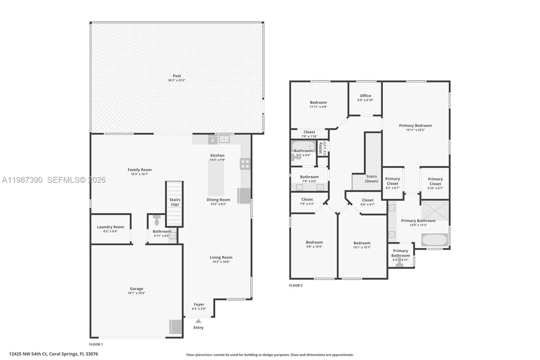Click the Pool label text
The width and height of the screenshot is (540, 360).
tap(177, 76)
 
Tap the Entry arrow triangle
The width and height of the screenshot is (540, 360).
tap(198, 321)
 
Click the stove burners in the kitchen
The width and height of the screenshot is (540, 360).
tap(245, 164)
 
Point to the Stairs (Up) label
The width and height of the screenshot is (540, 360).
tap(175, 202)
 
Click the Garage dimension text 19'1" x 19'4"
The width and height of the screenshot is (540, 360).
tap(136, 293)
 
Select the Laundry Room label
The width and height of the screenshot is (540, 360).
tap(110, 227)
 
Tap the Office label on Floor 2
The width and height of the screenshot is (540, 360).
tap(365, 96)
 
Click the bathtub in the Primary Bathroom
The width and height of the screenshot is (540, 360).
tap(434, 240)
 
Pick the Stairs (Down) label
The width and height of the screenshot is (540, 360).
tap(371, 179)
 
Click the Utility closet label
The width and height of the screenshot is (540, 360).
tap(320, 148)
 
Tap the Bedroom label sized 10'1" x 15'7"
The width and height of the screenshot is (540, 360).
tap(362, 243)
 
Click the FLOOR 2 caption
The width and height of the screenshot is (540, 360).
tap(296, 285)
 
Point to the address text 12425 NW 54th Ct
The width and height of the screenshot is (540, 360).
tap(28, 354)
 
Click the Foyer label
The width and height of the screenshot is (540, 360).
tap(199, 304)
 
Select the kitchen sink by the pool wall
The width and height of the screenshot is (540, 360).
tap(224, 138)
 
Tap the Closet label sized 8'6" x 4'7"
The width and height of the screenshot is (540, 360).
tap(368, 200)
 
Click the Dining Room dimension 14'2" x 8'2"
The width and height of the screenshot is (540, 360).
tap(218, 204)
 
